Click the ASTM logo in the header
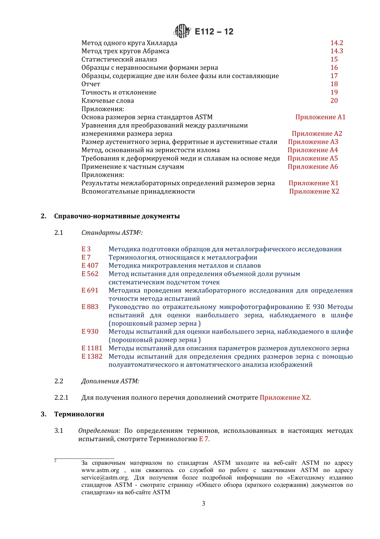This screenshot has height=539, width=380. [182, 31]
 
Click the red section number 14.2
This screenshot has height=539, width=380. [336, 43]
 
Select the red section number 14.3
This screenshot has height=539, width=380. [336, 51]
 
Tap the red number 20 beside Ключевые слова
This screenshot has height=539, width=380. [334, 101]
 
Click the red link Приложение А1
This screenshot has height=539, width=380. [320, 117]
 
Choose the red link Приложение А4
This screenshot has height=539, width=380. [312, 150]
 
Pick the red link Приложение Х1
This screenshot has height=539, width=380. [313, 183]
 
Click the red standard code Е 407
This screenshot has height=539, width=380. [90, 266]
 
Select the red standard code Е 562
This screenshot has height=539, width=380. [90, 274]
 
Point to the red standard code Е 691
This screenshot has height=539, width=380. [90, 290]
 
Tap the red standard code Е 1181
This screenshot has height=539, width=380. [92, 348]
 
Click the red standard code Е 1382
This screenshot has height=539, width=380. [92, 356]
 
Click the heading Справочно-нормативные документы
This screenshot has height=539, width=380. [117, 216]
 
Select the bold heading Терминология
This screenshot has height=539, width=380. [79, 414]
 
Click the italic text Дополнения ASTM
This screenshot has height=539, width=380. [110, 381]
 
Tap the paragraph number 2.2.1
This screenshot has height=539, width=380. [61, 398]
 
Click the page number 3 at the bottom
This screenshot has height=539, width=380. [203, 503]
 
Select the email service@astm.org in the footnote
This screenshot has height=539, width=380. [105, 478]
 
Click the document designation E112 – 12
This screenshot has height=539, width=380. [214, 32]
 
